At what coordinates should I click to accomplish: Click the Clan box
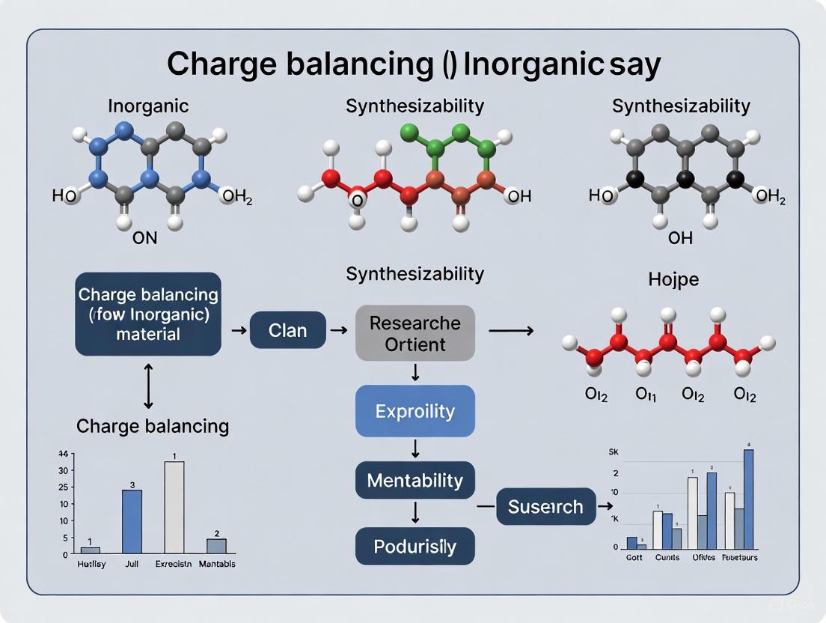pos(287,329)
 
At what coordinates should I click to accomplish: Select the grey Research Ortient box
pos(414,333)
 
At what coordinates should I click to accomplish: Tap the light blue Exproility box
pos(414,411)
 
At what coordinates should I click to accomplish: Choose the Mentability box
pos(414,480)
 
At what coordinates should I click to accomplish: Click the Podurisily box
pos(414,546)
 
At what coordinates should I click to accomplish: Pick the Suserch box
pos(545,507)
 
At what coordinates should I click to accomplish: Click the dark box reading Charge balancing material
pos(148,314)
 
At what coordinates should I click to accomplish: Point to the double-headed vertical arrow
pos(148,386)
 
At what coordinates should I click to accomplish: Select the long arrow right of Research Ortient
pos(510,329)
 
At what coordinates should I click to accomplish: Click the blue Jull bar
pos(132,522)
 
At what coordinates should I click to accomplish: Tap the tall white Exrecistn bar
pos(174,508)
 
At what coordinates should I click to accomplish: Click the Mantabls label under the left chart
pos(216,564)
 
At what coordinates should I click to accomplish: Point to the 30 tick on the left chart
pos(65,470)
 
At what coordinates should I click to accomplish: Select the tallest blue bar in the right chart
pos(748,499)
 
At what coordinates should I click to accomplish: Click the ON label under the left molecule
pos(145,237)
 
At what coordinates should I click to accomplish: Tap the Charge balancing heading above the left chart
pos(153,426)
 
